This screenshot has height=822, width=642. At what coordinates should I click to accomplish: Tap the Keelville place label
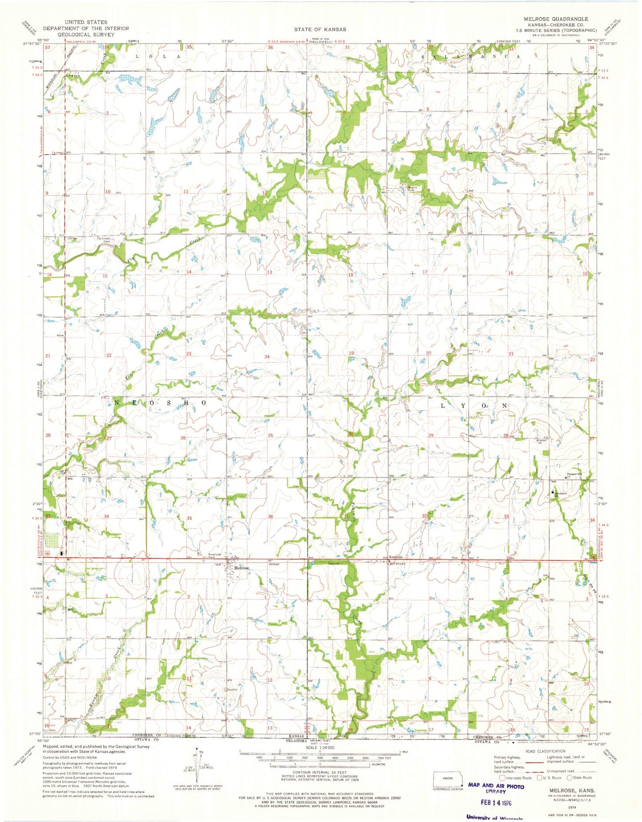396,557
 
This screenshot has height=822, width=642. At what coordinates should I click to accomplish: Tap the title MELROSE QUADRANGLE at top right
561,19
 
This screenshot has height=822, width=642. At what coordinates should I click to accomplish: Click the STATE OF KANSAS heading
319,29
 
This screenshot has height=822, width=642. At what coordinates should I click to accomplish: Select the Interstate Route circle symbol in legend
502,778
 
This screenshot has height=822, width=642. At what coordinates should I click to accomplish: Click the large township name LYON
474,406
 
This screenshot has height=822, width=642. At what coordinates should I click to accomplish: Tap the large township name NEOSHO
160,402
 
